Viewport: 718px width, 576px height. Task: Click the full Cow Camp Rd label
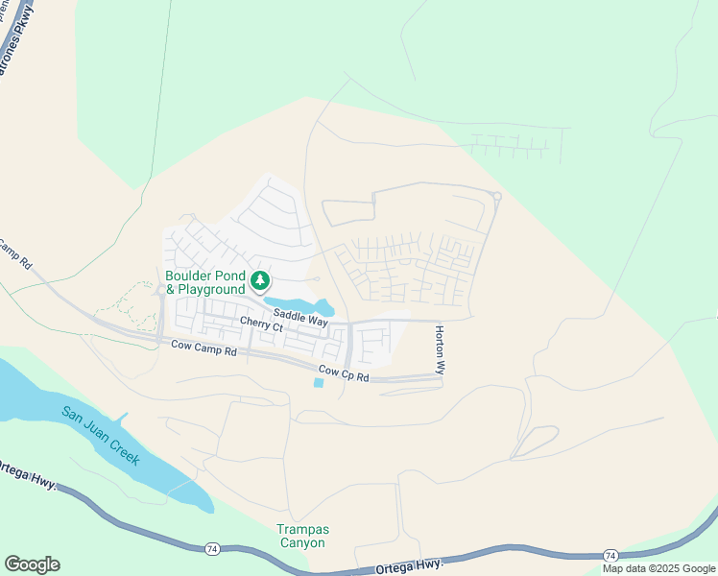(203, 350)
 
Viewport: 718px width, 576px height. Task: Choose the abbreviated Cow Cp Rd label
(344, 373)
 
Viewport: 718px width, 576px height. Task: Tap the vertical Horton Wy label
(440, 348)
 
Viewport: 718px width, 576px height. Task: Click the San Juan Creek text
(100, 436)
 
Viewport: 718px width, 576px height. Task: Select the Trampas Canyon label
(300, 536)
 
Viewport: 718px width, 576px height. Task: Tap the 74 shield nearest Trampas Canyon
(211, 548)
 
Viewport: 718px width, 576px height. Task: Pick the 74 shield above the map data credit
(610, 556)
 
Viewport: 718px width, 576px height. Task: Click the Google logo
(32, 564)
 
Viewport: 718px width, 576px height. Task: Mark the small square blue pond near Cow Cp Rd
(319, 383)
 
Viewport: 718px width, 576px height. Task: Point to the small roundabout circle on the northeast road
(496, 197)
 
